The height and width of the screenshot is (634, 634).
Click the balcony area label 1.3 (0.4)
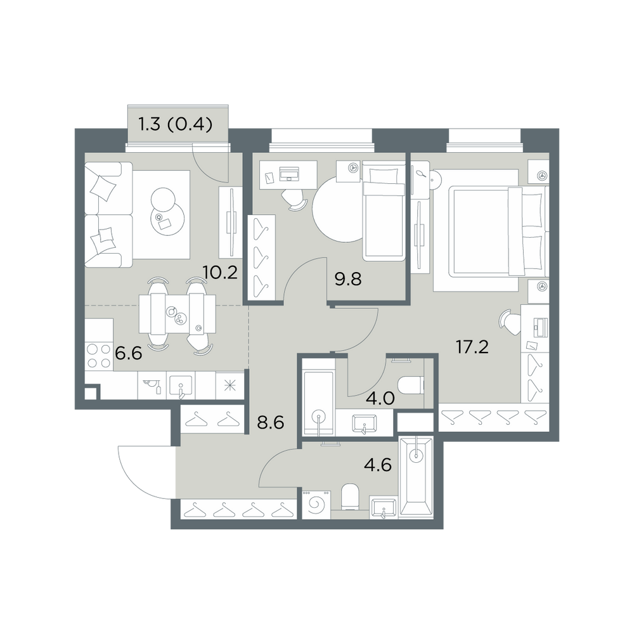[x=175, y=124]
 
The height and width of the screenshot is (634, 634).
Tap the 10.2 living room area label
[x=220, y=273]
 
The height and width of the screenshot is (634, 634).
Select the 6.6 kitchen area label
[x=129, y=354]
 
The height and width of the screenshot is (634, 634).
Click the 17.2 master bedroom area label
[x=472, y=347]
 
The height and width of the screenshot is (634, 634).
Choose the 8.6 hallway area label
[x=271, y=423]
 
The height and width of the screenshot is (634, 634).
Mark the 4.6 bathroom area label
[x=378, y=465]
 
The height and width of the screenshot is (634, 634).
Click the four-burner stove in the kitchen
[x=99, y=356]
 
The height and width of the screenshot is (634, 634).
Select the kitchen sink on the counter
[x=181, y=385]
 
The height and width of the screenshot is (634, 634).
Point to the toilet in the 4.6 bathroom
[x=350, y=497]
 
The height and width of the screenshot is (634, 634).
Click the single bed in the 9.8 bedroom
[x=384, y=210]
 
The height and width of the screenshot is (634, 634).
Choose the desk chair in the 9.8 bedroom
[x=294, y=199]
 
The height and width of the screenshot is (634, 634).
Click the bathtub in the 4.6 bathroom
[x=415, y=477]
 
